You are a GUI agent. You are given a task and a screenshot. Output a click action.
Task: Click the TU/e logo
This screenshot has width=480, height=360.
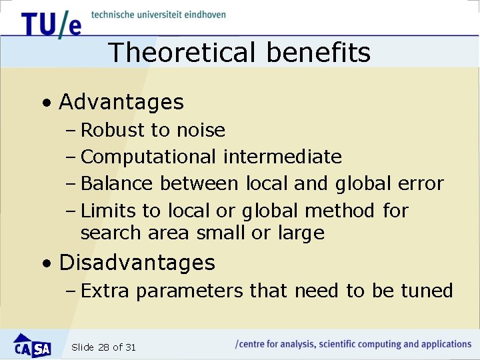(x=51, y=24)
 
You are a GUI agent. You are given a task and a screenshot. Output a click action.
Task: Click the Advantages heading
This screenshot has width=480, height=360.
(x=121, y=102)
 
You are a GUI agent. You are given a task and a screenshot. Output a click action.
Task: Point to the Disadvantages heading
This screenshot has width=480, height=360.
(x=137, y=263)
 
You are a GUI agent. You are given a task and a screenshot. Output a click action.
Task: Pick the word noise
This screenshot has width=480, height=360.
(x=200, y=130)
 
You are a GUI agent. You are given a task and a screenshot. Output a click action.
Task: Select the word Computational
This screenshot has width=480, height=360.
(x=148, y=157)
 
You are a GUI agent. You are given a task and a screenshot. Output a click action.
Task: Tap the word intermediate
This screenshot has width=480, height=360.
(x=283, y=157)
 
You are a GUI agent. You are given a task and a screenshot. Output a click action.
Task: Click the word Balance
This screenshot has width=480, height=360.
(x=117, y=183)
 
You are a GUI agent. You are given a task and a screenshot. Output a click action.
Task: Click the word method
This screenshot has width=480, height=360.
(x=339, y=211)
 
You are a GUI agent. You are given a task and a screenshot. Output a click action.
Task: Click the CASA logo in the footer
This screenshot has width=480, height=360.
(x=32, y=345)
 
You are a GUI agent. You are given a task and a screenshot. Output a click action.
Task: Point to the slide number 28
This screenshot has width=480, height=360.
(x=103, y=347)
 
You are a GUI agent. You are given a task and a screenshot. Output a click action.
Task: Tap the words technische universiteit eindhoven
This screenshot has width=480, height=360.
(x=159, y=14)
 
